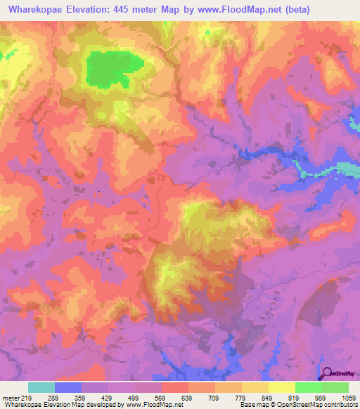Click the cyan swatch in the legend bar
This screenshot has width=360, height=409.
coord(41,387)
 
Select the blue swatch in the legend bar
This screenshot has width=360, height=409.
coord(68,387)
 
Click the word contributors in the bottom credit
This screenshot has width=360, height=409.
coord(340,405)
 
